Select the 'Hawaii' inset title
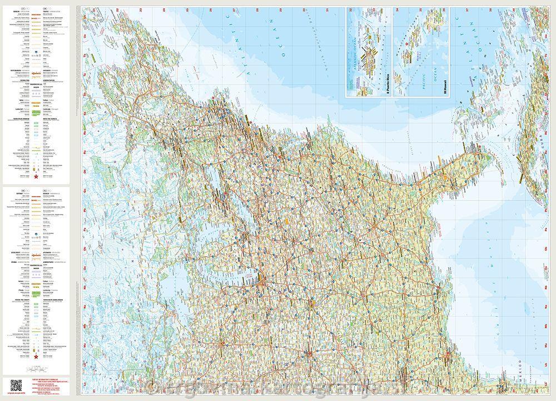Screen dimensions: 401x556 (x=444, y=87)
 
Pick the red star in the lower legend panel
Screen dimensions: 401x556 (x=37, y=355)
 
